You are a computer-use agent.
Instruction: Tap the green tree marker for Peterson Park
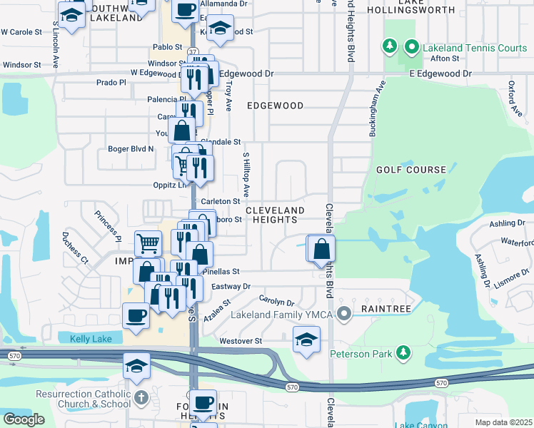[x=403, y=352]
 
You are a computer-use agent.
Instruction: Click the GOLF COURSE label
[x=411, y=170]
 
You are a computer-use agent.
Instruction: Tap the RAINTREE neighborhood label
[x=386, y=310]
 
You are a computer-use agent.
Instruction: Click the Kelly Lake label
[x=91, y=339]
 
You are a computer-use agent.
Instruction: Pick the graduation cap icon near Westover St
[x=306, y=340]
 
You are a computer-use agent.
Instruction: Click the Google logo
[x=24, y=419]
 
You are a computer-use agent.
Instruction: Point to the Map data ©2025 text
[x=503, y=422]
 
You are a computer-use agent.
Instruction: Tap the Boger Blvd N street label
[x=130, y=149]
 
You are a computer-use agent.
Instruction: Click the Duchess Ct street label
[x=74, y=246]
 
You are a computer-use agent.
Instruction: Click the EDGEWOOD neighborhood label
[x=275, y=106]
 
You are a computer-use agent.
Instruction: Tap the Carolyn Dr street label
[x=277, y=302]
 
